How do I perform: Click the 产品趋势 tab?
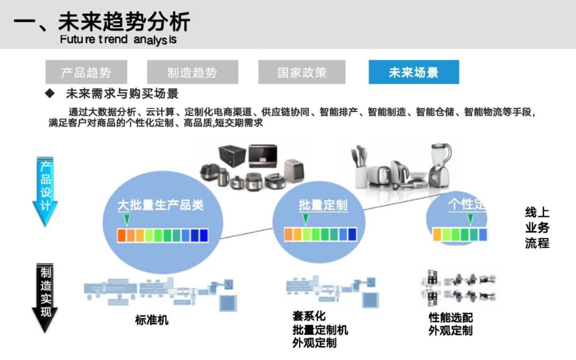click(x=86, y=72)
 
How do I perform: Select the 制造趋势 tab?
click(x=193, y=72)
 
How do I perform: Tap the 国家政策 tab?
click(x=302, y=72)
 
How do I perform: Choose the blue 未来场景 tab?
click(x=413, y=72)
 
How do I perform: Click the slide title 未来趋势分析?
click(x=101, y=22)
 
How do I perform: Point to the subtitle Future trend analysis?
click(x=118, y=39)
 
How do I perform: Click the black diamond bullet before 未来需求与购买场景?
click(x=50, y=94)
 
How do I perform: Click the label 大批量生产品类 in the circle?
click(x=161, y=205)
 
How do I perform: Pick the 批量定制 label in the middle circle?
click(x=323, y=205)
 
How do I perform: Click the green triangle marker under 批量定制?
click(x=305, y=219)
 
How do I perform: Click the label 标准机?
click(x=151, y=320)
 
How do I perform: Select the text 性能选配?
click(x=451, y=318)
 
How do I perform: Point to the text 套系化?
click(x=309, y=316)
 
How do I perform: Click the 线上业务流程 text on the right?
click(x=537, y=228)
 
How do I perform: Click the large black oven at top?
click(x=232, y=158)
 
